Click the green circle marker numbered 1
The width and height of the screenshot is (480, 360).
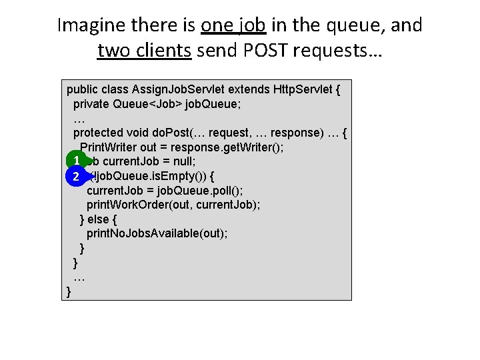(77, 161)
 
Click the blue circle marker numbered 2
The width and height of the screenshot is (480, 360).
(77, 176)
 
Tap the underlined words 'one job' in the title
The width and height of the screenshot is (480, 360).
(233, 26)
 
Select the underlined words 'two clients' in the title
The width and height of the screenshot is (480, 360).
(144, 50)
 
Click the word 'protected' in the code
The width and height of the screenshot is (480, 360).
(99, 133)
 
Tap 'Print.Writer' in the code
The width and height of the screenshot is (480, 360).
(108, 147)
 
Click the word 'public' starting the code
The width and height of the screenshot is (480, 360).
(83, 89)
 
